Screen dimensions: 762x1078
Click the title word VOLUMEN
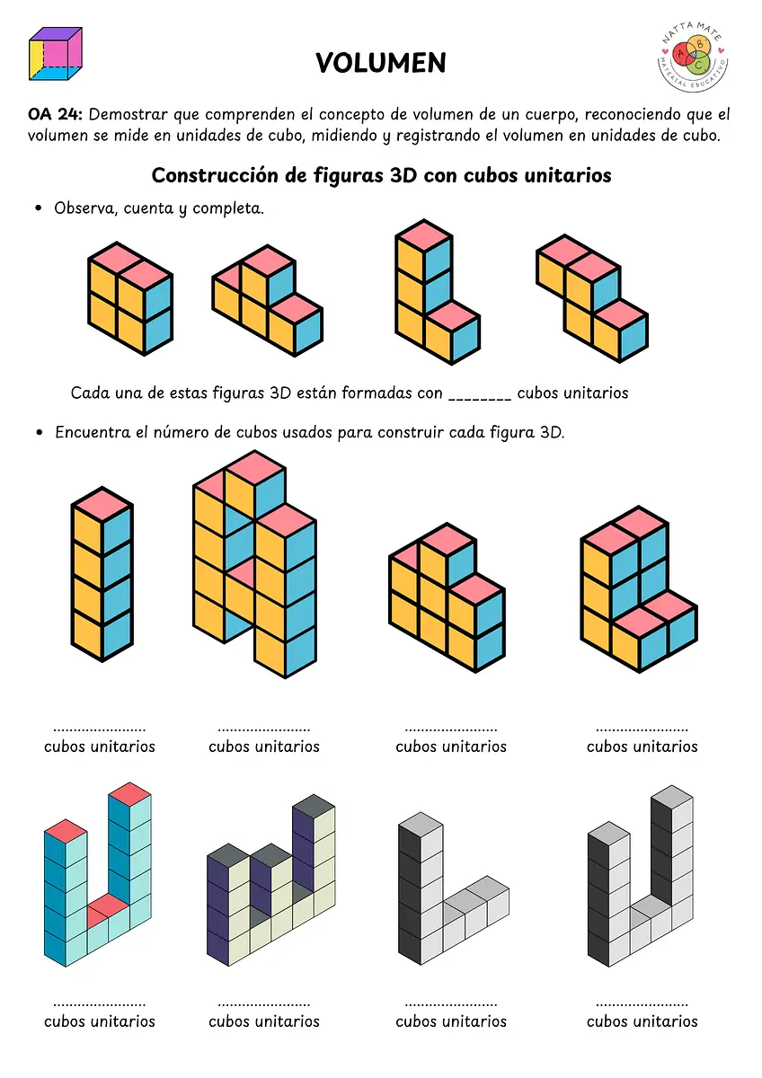381,63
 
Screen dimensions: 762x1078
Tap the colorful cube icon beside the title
56,53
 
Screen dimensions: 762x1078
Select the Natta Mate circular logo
693,56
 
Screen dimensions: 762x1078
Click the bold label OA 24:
56,115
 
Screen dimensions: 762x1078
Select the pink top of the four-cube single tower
102,504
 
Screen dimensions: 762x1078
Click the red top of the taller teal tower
129,793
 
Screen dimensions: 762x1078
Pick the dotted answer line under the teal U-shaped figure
99,1005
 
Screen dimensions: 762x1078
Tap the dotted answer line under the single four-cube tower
99,729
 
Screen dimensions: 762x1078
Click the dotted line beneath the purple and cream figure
264,1005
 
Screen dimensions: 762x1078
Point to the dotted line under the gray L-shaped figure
450,1005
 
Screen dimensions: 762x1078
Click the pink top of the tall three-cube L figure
423,235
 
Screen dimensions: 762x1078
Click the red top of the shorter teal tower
66,831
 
